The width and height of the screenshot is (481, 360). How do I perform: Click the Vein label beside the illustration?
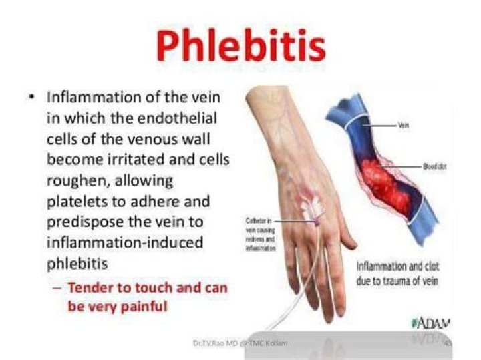point(403,126)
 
